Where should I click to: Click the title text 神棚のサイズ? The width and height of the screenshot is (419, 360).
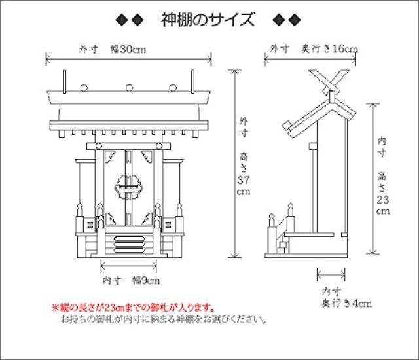coord(208,20)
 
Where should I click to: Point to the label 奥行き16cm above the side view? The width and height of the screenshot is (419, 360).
coord(329,48)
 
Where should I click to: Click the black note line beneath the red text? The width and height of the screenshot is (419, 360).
coord(163,321)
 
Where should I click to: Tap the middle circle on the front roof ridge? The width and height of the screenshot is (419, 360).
coord(129,86)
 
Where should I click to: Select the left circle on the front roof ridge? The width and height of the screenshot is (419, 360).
coord(85,86)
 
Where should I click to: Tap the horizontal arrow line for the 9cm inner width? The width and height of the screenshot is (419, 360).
coord(129,267)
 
